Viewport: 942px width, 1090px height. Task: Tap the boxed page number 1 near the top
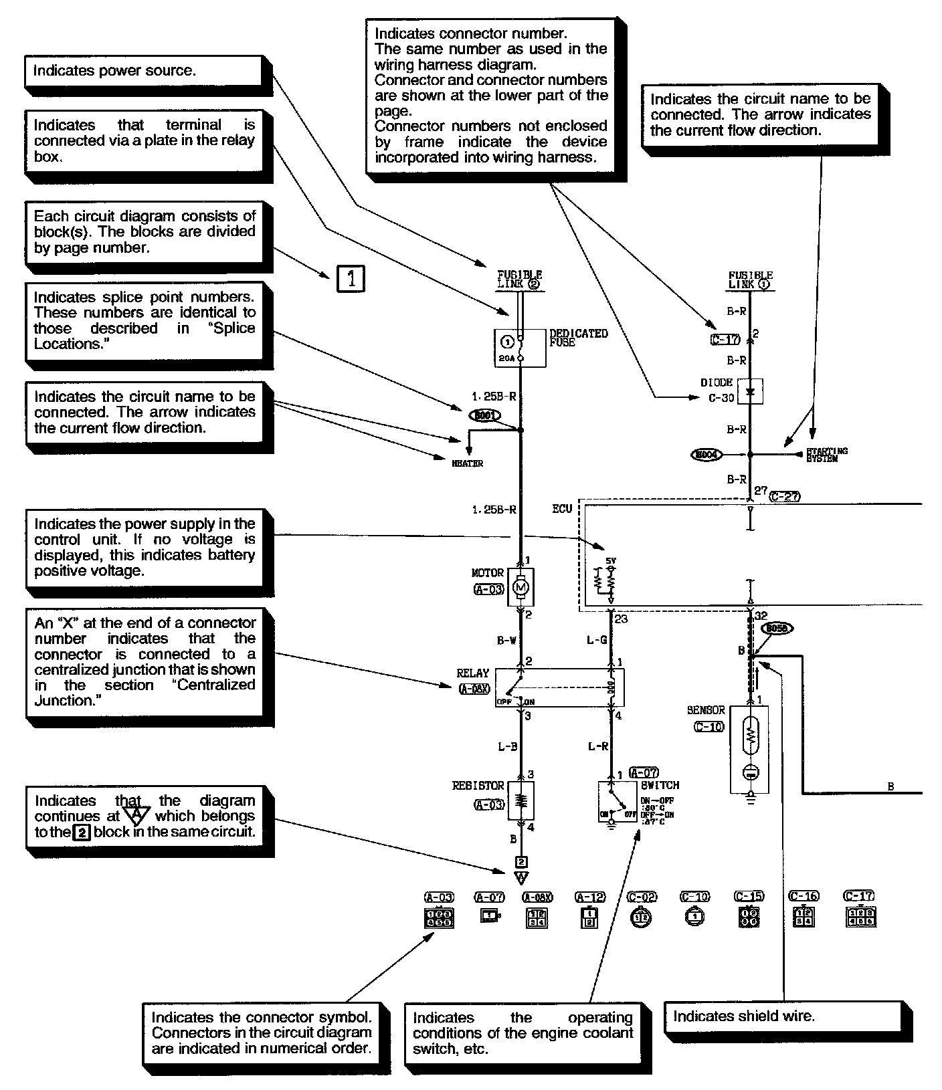351,278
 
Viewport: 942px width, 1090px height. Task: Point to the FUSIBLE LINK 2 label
519,280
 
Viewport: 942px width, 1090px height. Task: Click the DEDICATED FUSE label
578,338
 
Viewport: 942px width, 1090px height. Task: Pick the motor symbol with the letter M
521,586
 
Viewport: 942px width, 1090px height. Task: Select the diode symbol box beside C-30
750,392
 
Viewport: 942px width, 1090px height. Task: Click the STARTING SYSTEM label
826,455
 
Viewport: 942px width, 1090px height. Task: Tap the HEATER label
468,463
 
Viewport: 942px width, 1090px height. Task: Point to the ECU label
562,509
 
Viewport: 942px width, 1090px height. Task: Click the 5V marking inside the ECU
609,561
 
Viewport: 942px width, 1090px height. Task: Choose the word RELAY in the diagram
472,673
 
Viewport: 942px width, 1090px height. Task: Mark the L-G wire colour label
596,640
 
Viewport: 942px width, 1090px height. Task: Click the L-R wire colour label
597,746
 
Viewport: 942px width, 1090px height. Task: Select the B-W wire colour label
506,640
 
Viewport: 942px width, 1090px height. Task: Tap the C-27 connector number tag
785,497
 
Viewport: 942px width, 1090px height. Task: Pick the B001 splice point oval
486,416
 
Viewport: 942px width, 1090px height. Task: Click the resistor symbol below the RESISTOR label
521,800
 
